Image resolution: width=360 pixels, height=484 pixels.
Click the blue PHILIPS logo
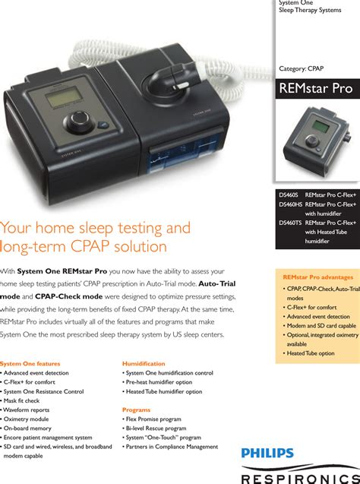click(x=267, y=453)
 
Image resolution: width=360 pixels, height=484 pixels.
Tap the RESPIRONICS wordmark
click(x=301, y=479)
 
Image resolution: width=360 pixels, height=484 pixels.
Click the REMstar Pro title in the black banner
click(x=316, y=88)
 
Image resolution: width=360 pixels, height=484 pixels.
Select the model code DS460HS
click(x=291, y=204)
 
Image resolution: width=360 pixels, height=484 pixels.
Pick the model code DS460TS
click(x=290, y=223)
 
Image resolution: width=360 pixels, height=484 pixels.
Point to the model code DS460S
click(x=289, y=195)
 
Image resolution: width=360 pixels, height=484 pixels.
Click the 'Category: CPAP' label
click(x=301, y=68)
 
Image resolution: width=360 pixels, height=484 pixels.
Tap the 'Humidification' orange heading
click(x=144, y=364)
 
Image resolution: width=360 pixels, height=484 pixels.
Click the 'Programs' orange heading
click(x=137, y=410)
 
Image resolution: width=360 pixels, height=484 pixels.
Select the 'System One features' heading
click(x=30, y=364)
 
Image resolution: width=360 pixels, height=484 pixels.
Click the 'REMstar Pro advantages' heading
click(x=318, y=277)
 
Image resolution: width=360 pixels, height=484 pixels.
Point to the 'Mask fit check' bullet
click(x=21, y=400)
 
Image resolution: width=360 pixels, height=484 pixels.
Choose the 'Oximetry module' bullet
click(x=25, y=419)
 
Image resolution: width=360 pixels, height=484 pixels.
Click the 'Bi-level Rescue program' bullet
click(x=154, y=429)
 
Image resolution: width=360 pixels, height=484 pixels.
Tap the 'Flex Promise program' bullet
click(x=152, y=419)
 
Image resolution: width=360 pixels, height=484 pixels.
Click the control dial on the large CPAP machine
click(x=79, y=121)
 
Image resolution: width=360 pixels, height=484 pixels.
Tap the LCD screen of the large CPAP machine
click(x=64, y=97)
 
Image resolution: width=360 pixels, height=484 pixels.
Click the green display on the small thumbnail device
click(x=321, y=127)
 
